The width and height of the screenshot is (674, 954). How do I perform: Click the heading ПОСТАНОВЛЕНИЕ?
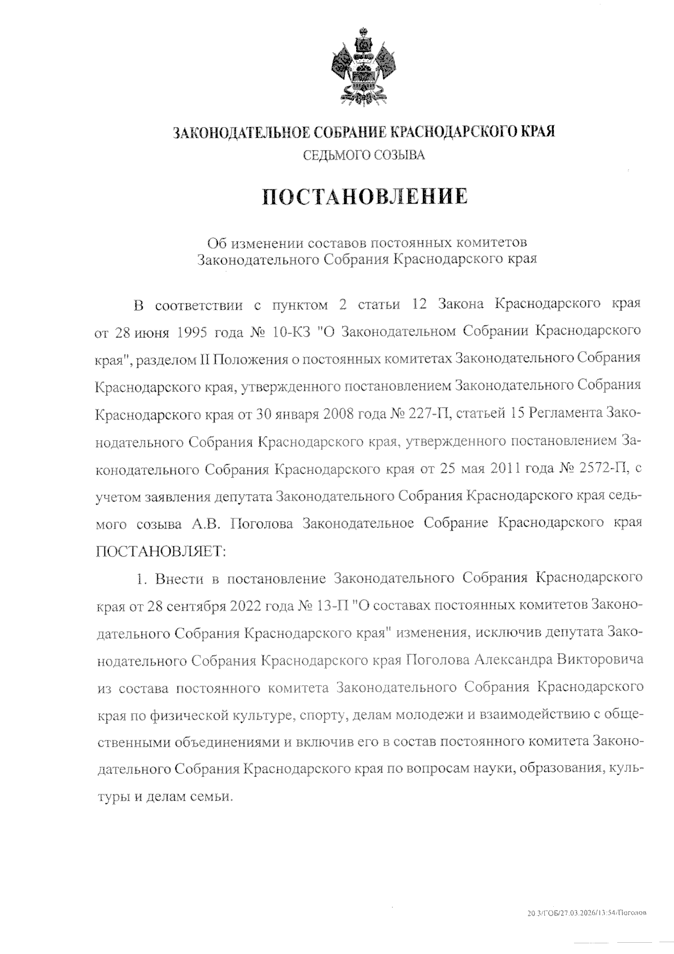[x=365, y=196]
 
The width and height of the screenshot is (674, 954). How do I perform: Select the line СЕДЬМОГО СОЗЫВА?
[x=364, y=155]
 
